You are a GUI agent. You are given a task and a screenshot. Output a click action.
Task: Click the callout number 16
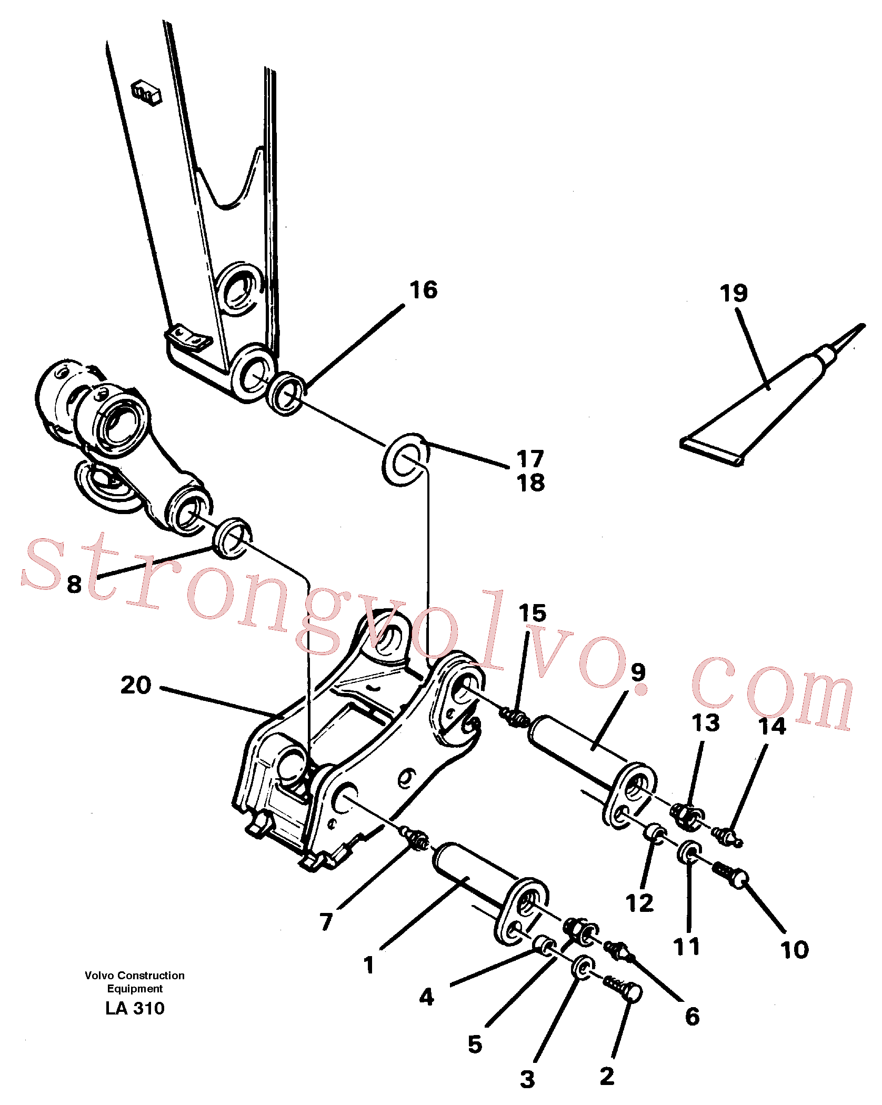[x=424, y=290]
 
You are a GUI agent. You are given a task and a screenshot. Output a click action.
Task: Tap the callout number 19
[x=734, y=293]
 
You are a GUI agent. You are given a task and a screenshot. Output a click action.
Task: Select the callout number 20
[x=136, y=685]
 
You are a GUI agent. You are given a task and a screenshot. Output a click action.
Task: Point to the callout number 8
[x=74, y=584]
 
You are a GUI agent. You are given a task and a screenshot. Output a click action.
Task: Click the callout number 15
[x=532, y=613]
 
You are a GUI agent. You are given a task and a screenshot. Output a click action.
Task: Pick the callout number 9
[x=638, y=672]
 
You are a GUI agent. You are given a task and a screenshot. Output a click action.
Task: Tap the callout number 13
[x=706, y=723]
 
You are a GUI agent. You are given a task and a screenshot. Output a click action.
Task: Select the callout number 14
[x=772, y=726]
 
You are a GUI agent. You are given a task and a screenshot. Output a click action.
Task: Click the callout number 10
[x=794, y=950]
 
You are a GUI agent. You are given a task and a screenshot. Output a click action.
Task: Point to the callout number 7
[x=326, y=922]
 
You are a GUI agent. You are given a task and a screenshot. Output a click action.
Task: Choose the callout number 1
[x=369, y=965]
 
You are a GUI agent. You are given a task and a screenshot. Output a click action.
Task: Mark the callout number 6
[x=692, y=1017]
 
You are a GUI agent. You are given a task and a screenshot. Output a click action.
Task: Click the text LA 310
[x=135, y=1008]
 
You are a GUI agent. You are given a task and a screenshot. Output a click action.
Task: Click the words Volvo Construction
[x=135, y=976]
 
